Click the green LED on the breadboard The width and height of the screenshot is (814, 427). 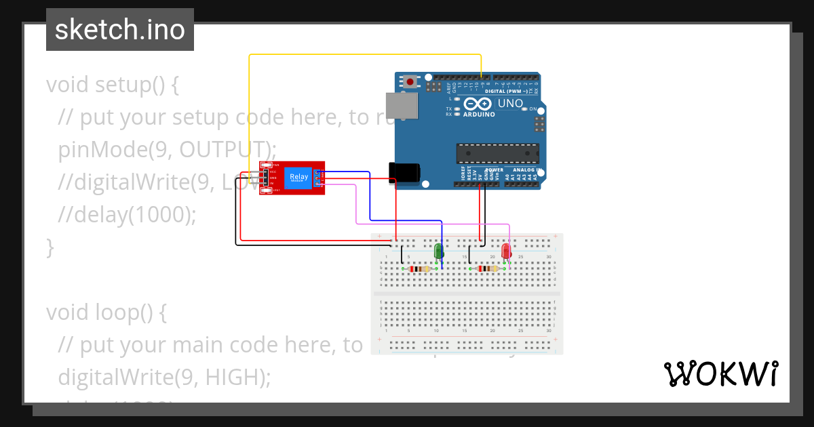click(x=438, y=251)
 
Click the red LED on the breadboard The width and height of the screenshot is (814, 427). click(x=506, y=251)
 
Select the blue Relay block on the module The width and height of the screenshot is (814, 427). click(x=298, y=178)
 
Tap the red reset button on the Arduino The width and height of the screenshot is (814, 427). click(x=411, y=82)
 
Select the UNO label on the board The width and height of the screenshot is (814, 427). click(x=510, y=104)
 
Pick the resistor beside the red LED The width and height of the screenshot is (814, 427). click(x=486, y=269)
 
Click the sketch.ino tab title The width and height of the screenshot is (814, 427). click(x=120, y=30)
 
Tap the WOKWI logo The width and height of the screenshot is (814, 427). click(x=720, y=374)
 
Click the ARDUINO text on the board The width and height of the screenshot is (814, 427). click(x=479, y=115)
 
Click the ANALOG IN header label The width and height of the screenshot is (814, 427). click(x=526, y=170)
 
